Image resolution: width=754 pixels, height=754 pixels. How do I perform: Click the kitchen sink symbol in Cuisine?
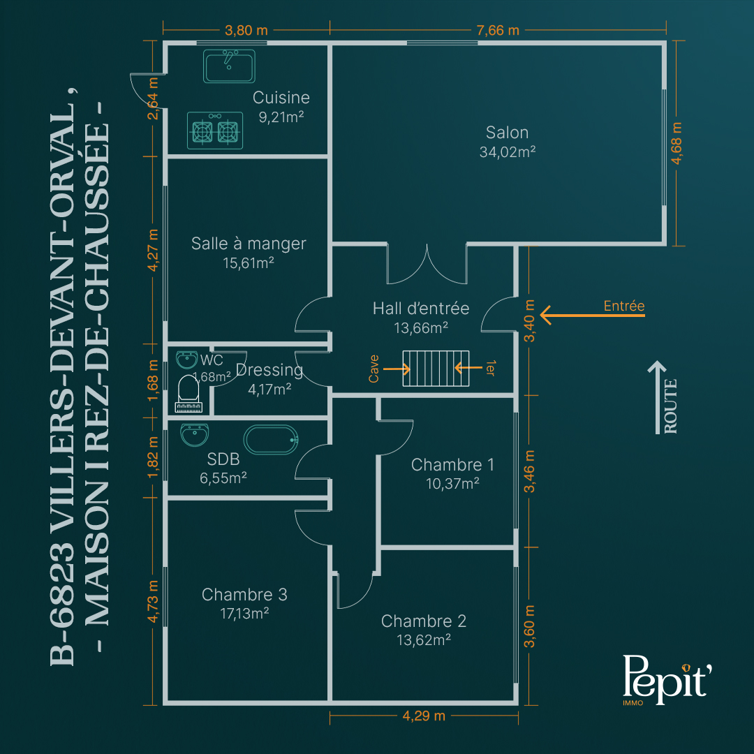coord(229,66)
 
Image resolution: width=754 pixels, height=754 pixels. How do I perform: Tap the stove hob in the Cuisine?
coord(215,131)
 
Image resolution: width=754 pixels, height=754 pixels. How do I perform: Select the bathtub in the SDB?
coord(271,440)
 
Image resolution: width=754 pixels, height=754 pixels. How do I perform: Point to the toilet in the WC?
coord(188,394)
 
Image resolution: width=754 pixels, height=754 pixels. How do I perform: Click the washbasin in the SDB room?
coord(194,435)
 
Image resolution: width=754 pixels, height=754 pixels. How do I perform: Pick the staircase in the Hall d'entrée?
coord(436,369)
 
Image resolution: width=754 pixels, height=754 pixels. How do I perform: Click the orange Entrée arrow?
coord(593,316)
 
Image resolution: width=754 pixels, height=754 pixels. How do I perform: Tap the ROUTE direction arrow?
coord(657,397)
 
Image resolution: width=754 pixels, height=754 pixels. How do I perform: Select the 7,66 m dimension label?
coord(498,30)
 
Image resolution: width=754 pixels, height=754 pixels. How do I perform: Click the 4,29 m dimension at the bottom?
coord(424,716)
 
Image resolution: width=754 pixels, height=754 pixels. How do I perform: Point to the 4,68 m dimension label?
coord(677,143)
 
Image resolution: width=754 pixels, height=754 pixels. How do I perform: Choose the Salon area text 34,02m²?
coord(508,152)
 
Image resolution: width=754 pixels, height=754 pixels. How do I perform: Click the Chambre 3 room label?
coord(244,594)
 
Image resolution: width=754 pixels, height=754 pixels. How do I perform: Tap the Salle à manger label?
coord(249,244)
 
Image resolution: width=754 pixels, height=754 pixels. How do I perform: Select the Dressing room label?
coord(269,370)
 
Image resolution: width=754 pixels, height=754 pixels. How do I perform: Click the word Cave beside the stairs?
coord(374,369)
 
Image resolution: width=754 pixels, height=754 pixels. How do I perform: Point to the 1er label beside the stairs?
coord(490,368)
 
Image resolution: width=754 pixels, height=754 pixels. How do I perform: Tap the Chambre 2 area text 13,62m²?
coord(424,640)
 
